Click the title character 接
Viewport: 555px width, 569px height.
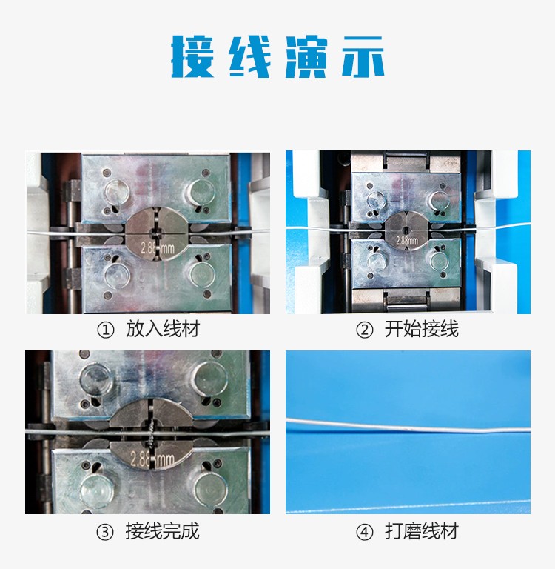click(x=192, y=56)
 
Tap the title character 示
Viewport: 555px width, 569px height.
click(x=363, y=56)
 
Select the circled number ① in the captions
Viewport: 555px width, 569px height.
click(x=106, y=330)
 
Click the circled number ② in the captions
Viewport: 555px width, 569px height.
click(x=364, y=330)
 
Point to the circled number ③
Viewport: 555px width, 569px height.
click(x=105, y=533)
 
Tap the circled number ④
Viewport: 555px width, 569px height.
click(x=364, y=533)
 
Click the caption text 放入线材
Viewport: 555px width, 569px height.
click(x=163, y=329)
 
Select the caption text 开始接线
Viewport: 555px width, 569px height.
click(x=422, y=329)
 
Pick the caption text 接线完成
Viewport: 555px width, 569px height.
click(x=162, y=531)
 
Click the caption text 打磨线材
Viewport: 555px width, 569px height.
click(x=422, y=531)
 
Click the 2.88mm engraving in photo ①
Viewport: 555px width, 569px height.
click(x=158, y=248)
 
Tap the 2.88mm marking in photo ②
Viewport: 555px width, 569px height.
click(x=407, y=241)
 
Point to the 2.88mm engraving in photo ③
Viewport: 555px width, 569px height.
click(x=152, y=459)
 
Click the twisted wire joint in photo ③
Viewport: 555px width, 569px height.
click(x=152, y=433)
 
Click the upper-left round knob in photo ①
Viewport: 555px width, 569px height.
click(x=117, y=193)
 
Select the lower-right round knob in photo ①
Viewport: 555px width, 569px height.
click(x=202, y=273)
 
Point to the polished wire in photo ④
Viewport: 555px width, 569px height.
click(x=408, y=426)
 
